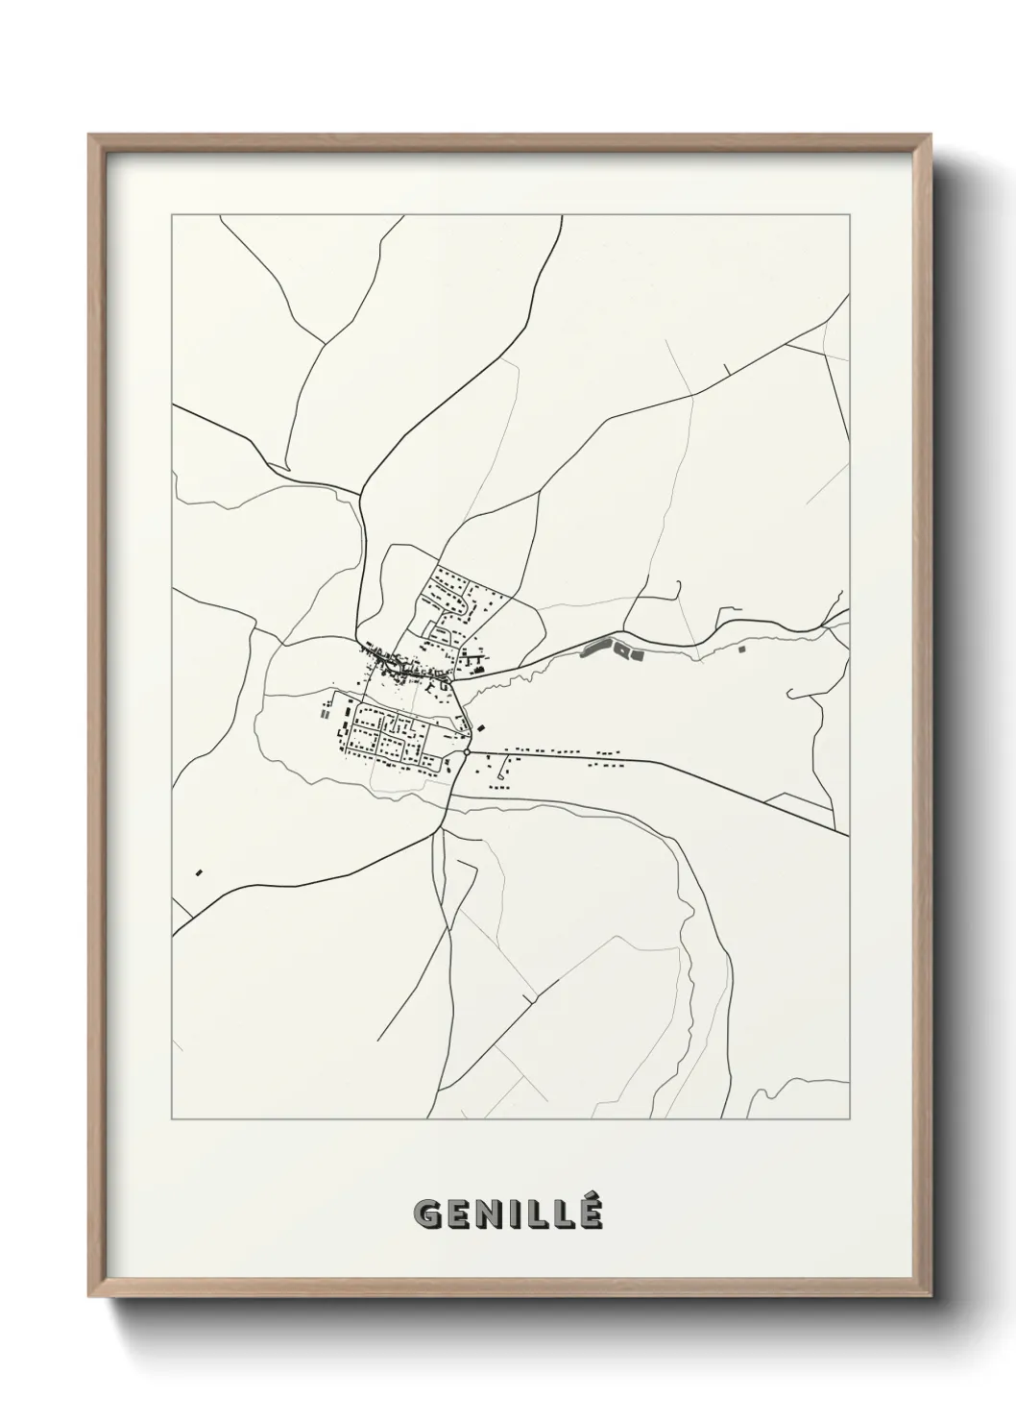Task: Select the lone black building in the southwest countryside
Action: (200, 872)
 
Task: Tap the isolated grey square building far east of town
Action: (742, 650)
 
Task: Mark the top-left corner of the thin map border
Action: (172, 215)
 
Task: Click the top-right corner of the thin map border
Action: (850, 215)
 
